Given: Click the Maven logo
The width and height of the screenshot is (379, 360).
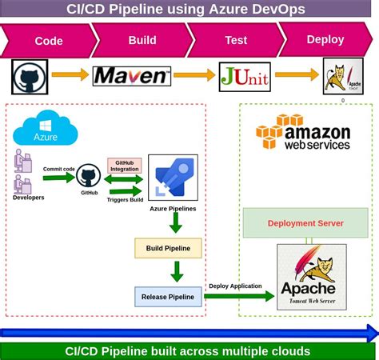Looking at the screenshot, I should point(132,76).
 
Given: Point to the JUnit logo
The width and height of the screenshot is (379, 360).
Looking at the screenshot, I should point(241,76).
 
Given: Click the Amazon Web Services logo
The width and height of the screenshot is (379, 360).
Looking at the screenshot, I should point(303,132).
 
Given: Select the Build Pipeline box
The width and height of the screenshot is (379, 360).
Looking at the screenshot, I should point(167,248).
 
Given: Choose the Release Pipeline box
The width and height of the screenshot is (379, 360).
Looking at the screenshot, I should point(167,297).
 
